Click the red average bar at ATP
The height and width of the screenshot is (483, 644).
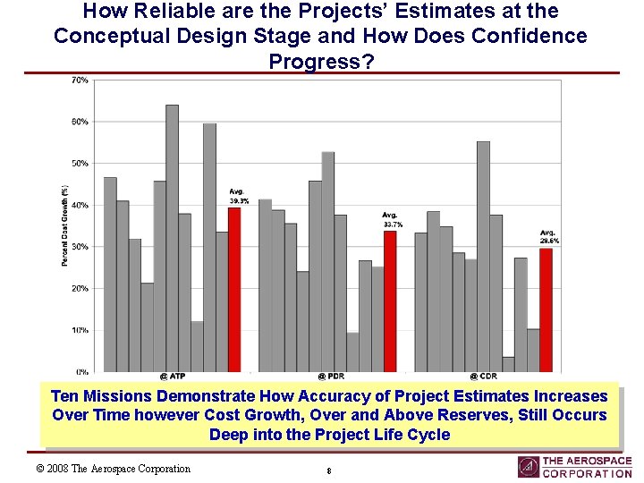[234, 289]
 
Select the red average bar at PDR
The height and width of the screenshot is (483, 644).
[390, 301]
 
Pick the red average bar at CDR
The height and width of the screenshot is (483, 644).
[546, 309]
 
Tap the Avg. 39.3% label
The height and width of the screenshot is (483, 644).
[239, 197]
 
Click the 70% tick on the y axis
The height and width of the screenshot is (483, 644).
[80, 80]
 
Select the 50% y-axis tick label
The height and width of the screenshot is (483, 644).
[80, 164]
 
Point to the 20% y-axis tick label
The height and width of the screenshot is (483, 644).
[80, 288]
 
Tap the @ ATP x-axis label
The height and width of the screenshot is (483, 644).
[172, 377]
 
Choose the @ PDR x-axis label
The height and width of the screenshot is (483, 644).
[328, 377]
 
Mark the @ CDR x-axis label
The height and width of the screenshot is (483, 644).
[484, 377]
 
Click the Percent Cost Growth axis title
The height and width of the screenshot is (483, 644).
[65, 225]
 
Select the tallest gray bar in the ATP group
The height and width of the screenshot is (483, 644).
[172, 238]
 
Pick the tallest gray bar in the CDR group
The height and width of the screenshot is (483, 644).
[483, 256]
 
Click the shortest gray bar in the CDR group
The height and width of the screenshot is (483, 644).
[508, 364]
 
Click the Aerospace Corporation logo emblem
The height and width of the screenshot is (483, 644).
[528, 467]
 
